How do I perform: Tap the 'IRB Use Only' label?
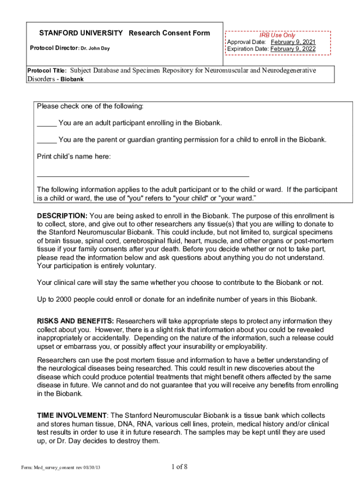(277, 35)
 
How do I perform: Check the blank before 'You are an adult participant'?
(47, 123)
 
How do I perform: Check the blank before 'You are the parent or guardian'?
(47, 140)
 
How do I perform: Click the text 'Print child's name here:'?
(74, 156)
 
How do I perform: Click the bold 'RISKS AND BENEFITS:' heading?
(75, 321)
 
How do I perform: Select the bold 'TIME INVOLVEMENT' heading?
(72, 416)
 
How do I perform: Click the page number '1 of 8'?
(180, 467)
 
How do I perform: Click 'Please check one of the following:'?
(90, 106)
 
